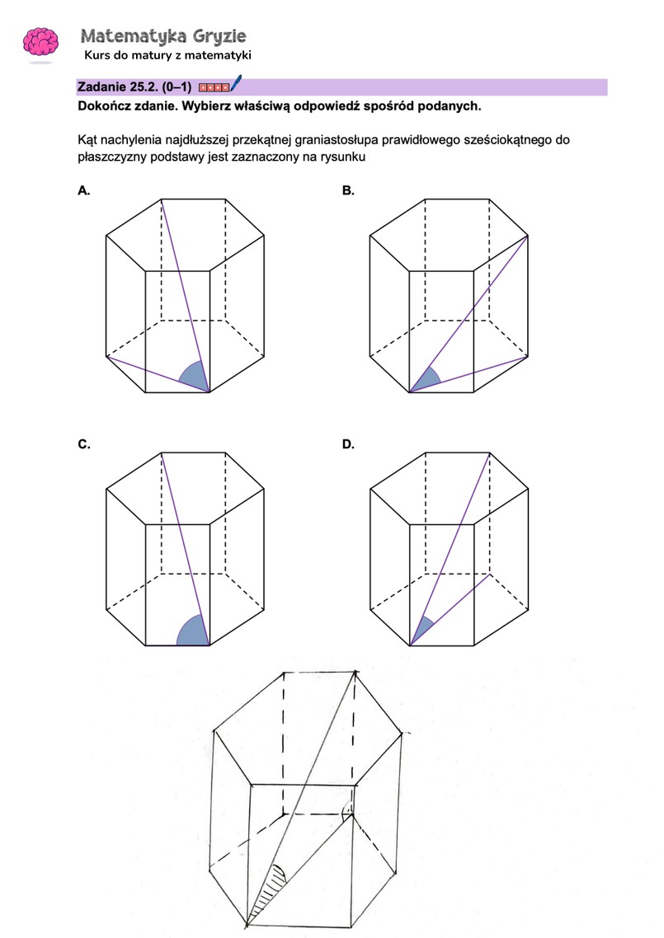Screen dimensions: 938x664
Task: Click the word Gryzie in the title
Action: pos(219,36)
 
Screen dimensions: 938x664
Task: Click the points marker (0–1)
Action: pos(177,87)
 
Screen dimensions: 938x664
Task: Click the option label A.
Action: pos(83,190)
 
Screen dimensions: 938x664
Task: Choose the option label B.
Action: pos(348,190)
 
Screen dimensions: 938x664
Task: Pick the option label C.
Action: pos(83,444)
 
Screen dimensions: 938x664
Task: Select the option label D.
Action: pos(348,444)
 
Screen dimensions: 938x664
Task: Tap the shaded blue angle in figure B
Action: pos(425,382)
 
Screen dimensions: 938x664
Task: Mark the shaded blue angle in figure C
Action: pos(192,632)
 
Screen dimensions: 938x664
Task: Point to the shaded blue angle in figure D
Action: pos(421,631)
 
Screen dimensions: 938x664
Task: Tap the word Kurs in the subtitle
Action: pos(98,55)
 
